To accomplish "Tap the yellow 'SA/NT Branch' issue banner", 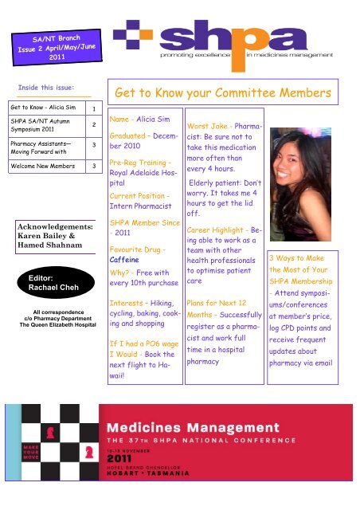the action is [56, 49].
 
